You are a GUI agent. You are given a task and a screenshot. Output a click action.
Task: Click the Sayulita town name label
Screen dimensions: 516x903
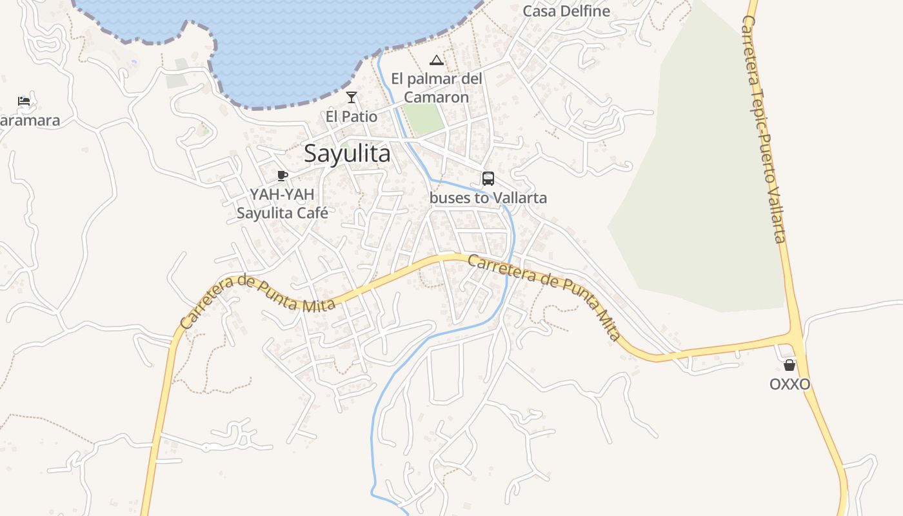347,154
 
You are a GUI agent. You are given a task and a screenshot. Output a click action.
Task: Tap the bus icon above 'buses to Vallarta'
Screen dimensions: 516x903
488,179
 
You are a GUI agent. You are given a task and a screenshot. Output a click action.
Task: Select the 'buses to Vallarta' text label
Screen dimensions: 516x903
488,198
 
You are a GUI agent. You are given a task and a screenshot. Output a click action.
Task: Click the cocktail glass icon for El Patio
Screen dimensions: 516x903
352,97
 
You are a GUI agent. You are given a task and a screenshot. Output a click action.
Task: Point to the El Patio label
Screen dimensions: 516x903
352,117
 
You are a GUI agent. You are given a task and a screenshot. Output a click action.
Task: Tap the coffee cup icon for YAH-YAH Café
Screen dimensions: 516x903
282,175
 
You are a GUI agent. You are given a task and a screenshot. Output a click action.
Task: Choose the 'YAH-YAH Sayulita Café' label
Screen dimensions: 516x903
283,204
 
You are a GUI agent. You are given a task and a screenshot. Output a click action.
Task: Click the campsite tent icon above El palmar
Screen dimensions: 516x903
437,61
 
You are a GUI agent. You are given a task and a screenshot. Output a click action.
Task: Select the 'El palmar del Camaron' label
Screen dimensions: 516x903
437,88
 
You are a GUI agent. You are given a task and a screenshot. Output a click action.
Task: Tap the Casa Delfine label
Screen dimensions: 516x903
566,11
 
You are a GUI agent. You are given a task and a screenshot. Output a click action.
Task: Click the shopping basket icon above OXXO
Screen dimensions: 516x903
789,365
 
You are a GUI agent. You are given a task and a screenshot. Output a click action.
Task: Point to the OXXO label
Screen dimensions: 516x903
789,384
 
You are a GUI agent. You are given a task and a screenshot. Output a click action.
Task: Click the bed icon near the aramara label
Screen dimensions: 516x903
24,101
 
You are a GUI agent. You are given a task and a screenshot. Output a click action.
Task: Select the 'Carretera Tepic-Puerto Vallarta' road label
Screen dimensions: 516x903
764,129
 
